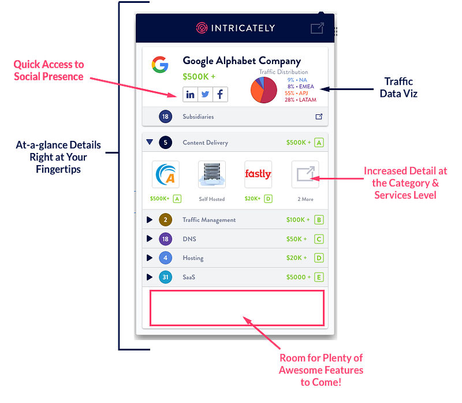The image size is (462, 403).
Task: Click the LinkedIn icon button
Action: pyautogui.click(x=191, y=94)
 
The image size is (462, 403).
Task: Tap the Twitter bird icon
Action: pyautogui.click(x=205, y=94)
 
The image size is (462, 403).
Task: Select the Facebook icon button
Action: pyautogui.click(x=220, y=94)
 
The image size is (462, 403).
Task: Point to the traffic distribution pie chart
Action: pyautogui.click(x=263, y=90)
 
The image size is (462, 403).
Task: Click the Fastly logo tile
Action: pyautogui.click(x=258, y=174)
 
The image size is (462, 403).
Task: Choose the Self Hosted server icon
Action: pyautogui.click(x=212, y=174)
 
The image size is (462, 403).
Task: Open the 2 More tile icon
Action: pyautogui.click(x=305, y=174)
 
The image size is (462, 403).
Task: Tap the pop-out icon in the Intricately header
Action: pyautogui.click(x=317, y=28)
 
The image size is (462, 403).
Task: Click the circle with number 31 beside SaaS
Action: pyautogui.click(x=166, y=277)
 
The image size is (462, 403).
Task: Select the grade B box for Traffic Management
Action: pyautogui.click(x=319, y=220)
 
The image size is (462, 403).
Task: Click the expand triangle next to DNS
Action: pyautogui.click(x=150, y=239)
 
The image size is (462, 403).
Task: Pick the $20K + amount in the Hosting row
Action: pyautogui.click(x=297, y=258)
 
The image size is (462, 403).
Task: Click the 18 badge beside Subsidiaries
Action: pyautogui.click(x=166, y=117)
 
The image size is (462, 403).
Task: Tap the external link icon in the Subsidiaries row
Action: pyautogui.click(x=319, y=117)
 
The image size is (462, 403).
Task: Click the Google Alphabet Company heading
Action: pyautogui.click(x=241, y=61)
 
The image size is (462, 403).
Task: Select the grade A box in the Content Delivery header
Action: pyautogui.click(x=319, y=143)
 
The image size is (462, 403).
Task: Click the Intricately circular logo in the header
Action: pyautogui.click(x=202, y=28)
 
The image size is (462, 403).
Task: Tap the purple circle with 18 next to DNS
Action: pyautogui.click(x=166, y=239)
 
